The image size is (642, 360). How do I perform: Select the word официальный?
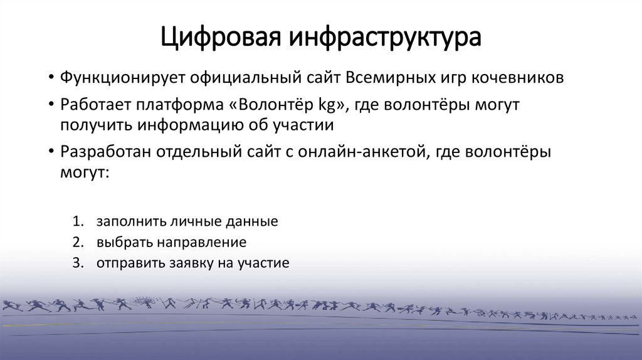239,78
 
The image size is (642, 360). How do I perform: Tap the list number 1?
77,222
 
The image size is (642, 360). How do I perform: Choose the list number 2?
77,242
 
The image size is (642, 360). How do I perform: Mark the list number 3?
77,263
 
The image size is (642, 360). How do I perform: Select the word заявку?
191,263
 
